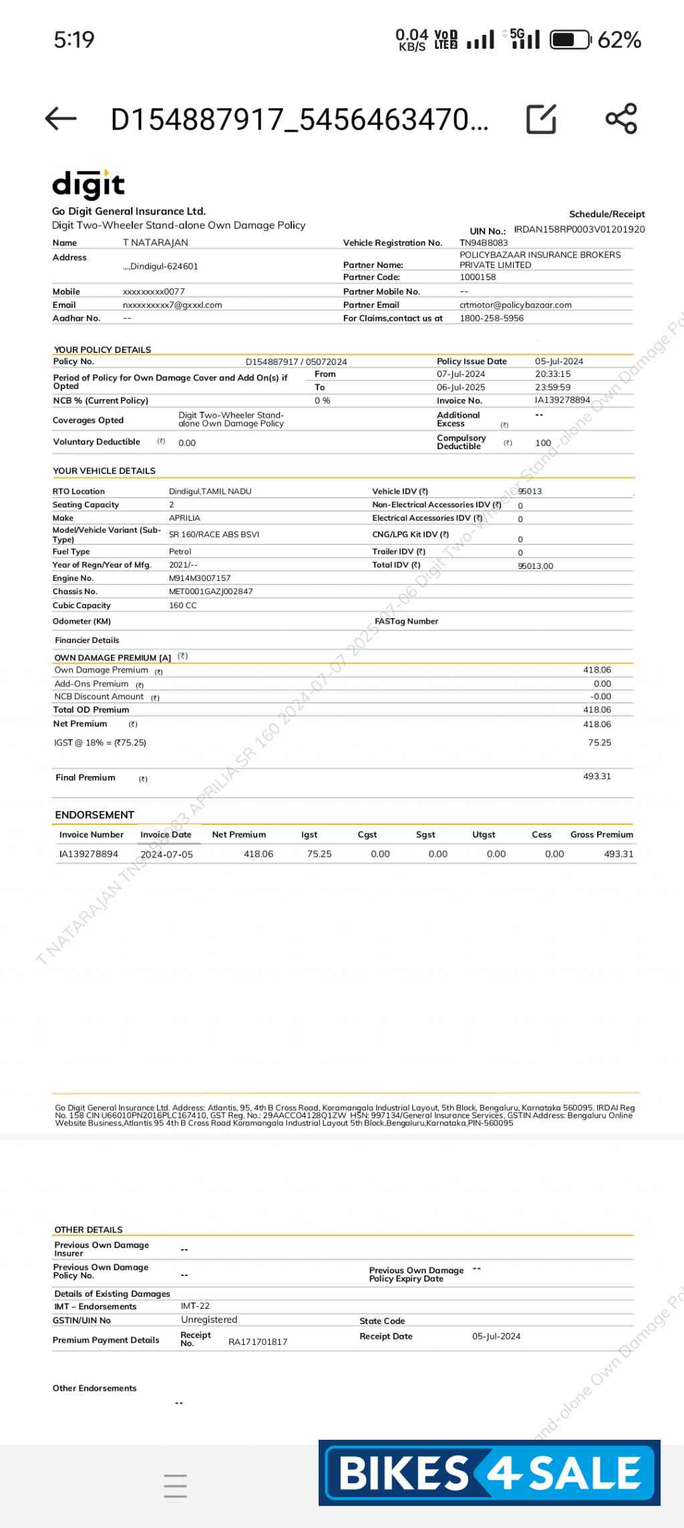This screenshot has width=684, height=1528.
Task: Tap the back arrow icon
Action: coord(61,119)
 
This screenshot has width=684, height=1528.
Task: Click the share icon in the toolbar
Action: coord(621,119)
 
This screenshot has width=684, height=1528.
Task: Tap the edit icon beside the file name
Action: coord(541,119)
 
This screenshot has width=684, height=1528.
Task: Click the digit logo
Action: coord(88,185)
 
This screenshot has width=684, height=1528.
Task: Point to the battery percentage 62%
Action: coord(619,40)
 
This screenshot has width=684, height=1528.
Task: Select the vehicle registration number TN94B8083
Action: coord(484,243)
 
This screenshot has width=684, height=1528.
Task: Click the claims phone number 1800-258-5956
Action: coord(492,318)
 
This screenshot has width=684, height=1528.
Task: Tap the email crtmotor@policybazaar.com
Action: coord(516,305)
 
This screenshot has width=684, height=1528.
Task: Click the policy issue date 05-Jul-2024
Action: coord(559,362)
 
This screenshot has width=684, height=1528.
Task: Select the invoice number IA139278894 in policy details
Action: coord(562,400)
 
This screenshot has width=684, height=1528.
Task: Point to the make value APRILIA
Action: coord(184,518)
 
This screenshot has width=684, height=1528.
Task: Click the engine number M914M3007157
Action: coord(200,578)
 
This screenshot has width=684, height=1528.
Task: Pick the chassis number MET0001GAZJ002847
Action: coord(211,592)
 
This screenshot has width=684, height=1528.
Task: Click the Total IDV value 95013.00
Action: coord(536,566)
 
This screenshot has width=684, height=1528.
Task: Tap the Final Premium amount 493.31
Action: coord(597,777)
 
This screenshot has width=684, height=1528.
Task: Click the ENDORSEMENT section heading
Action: coord(94,815)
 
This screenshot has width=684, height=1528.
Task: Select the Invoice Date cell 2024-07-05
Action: coord(166,854)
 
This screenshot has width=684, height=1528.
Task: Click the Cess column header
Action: coord(542,835)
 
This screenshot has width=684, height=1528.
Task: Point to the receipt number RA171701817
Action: coord(258,1342)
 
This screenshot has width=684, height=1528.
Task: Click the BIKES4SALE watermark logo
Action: coord(490,1473)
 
